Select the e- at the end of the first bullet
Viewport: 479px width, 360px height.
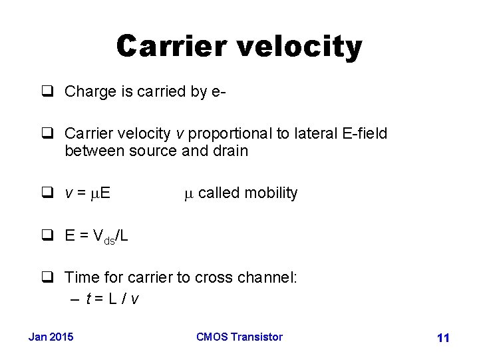220,91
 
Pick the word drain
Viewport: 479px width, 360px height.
230,151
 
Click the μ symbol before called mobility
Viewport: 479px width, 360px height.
188,194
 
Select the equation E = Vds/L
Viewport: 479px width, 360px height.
96,236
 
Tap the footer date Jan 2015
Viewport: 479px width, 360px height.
51,337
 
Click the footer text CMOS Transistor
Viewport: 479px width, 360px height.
239,337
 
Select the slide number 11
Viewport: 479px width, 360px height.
443,338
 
